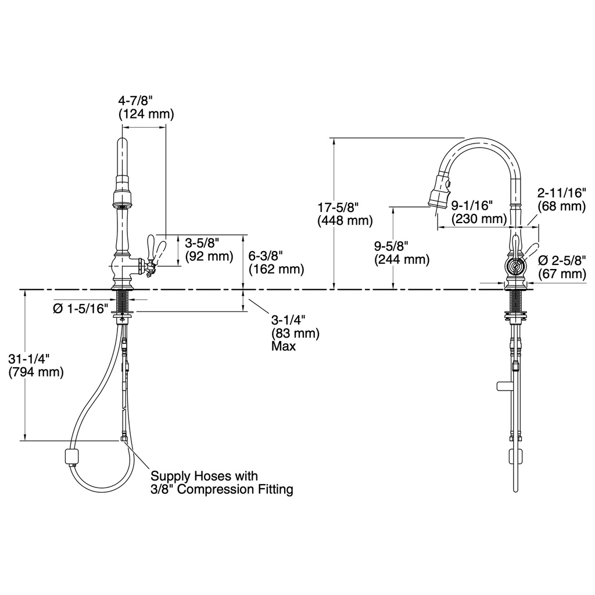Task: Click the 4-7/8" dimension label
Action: tap(135, 101)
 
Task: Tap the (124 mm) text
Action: tap(146, 114)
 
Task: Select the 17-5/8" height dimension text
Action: tap(338, 207)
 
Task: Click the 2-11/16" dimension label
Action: tap(562, 193)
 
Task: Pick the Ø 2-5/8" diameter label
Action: tap(562, 260)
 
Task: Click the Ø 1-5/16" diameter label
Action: tap(80, 309)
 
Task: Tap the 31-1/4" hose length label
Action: tap(29, 359)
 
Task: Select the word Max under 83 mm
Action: tap(284, 346)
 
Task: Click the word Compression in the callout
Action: tap(213, 489)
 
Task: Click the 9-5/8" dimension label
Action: tap(391, 246)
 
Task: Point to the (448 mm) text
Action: tap(345, 220)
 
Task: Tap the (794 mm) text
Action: tap(36, 372)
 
